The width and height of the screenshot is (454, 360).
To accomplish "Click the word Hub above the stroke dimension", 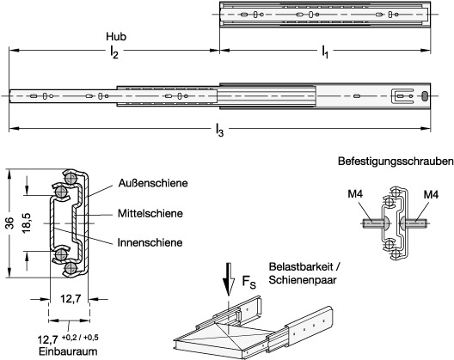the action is tap(116, 37).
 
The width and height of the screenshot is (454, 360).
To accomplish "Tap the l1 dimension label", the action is tap(325, 52).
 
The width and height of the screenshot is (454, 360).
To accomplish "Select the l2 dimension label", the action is tap(114, 52).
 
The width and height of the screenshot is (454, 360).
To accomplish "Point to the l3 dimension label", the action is tap(220, 130).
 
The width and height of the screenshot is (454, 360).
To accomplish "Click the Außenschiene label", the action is tap(153, 183).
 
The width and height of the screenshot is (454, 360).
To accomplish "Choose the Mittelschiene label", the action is tap(150, 214).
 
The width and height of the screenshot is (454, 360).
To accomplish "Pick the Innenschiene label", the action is tap(150, 242).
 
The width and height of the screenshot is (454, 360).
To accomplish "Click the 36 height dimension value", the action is tap(10, 223).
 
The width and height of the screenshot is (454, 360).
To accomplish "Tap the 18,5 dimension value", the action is tap(26, 223).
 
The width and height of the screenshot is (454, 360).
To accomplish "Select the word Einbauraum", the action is tap(68, 352).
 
